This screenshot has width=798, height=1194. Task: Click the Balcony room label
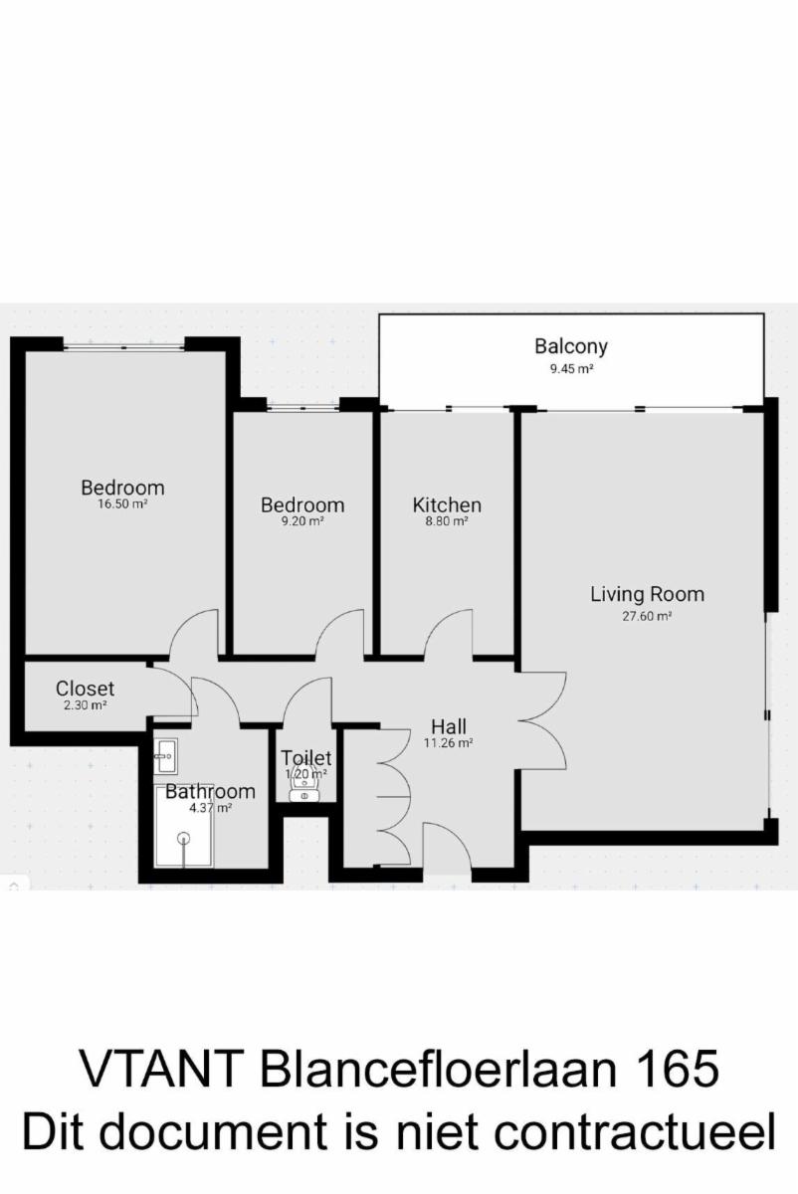(x=571, y=347)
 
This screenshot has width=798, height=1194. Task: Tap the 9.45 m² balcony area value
(x=571, y=369)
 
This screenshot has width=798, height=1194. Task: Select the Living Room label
(x=647, y=594)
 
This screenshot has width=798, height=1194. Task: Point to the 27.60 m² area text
(x=647, y=616)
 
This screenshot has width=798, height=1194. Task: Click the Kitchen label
(x=447, y=505)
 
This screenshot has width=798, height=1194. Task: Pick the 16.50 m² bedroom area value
(x=122, y=503)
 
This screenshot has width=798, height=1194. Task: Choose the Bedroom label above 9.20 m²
(x=302, y=505)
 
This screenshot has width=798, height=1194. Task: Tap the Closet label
(x=85, y=689)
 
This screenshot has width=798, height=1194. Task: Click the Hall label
(x=449, y=726)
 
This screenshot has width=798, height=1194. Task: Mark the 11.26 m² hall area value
(x=449, y=743)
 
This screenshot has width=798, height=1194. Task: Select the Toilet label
(x=306, y=757)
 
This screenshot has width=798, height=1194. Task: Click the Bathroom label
(x=210, y=792)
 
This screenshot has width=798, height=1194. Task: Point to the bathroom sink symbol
(x=165, y=756)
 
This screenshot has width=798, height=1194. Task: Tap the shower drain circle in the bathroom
(x=184, y=838)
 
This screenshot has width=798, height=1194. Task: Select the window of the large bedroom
(x=123, y=347)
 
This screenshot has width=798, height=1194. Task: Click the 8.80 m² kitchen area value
(x=447, y=521)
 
